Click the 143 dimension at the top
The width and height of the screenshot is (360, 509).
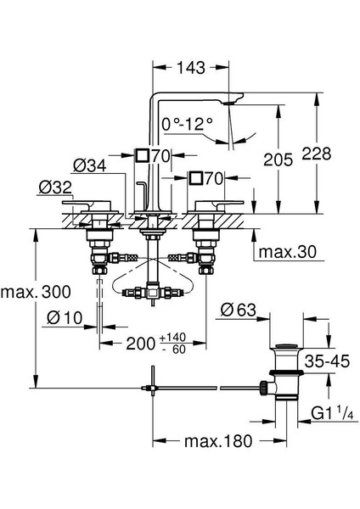(x=191, y=68)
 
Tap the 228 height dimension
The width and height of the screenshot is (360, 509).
(x=316, y=154)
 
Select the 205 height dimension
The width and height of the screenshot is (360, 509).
(x=278, y=159)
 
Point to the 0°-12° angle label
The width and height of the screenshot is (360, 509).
(x=187, y=124)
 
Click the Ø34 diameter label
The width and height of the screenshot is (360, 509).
(x=90, y=166)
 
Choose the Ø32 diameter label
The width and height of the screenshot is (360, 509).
(x=55, y=187)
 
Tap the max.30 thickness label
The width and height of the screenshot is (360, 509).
(x=287, y=252)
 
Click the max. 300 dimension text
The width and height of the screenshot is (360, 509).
(x=36, y=292)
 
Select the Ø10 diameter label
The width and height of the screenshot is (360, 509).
(x=65, y=317)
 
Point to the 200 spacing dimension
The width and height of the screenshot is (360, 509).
(x=140, y=344)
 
